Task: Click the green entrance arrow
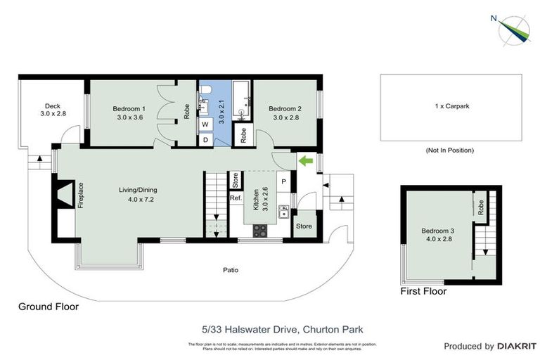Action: (306, 161)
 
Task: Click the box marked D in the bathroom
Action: (206, 139)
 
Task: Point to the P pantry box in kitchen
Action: (284, 181)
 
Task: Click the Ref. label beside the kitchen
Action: (236, 198)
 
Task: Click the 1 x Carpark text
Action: (452, 106)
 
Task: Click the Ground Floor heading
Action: (48, 307)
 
